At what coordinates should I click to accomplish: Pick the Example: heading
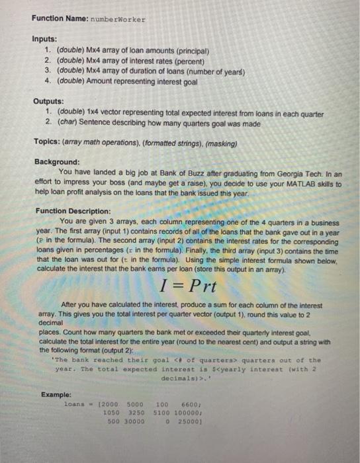[57, 394]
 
